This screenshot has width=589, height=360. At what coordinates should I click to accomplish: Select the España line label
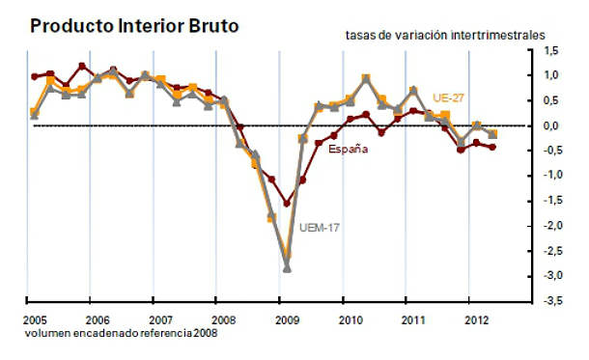point(348,149)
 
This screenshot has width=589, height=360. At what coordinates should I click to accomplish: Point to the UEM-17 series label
point(323,229)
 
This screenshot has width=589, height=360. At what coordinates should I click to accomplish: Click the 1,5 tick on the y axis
point(551,50)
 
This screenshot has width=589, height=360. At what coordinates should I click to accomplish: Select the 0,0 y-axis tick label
point(551,125)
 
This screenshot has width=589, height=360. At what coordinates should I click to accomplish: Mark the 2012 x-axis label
point(474,318)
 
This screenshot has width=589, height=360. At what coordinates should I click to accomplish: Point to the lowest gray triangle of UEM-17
point(286,267)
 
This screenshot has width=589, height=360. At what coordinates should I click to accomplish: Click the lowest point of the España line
point(286,204)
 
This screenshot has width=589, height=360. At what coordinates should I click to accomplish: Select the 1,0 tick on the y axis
point(551,75)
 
